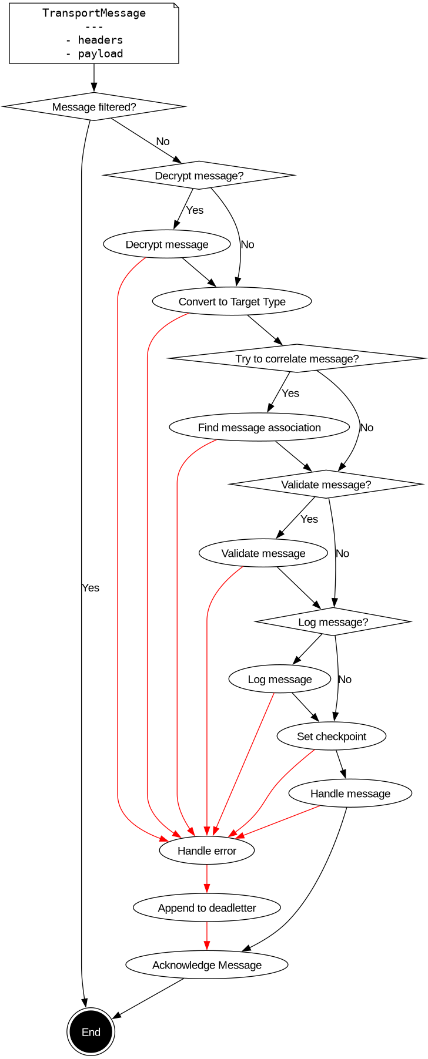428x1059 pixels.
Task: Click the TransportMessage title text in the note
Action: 94,13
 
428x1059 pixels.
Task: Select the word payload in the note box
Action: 101,53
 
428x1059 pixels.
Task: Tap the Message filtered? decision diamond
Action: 94,107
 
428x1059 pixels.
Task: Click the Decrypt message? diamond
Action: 199,176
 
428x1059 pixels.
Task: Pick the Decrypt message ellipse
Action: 167,244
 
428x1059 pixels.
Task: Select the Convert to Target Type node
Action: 232,301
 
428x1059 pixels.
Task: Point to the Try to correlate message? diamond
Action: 297,358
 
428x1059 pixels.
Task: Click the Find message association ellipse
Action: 259,427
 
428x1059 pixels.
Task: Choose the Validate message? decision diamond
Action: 326,485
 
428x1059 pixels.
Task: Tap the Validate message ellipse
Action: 263,553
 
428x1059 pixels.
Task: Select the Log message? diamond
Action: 333,622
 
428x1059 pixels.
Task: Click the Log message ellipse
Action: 280,679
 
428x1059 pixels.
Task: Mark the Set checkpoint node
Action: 332,737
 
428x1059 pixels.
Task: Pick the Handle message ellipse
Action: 350,794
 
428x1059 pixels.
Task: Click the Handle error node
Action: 207,850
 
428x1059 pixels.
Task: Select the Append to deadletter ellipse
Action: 207,907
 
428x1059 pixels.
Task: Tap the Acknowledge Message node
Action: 207,965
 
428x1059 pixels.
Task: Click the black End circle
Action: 91,1032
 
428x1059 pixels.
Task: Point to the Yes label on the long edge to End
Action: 91,588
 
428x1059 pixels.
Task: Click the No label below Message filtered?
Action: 163,142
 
